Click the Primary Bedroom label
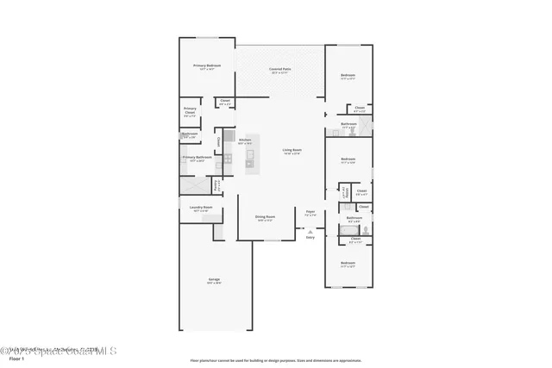pos(207,66)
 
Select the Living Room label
pos(292,151)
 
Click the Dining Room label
pos(265,217)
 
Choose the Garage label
pos(214,281)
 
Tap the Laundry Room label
pos(201,208)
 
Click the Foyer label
pos(310,212)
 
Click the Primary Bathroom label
pos(197,159)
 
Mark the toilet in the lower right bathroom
pos(366,229)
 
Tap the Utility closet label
pos(345,191)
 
